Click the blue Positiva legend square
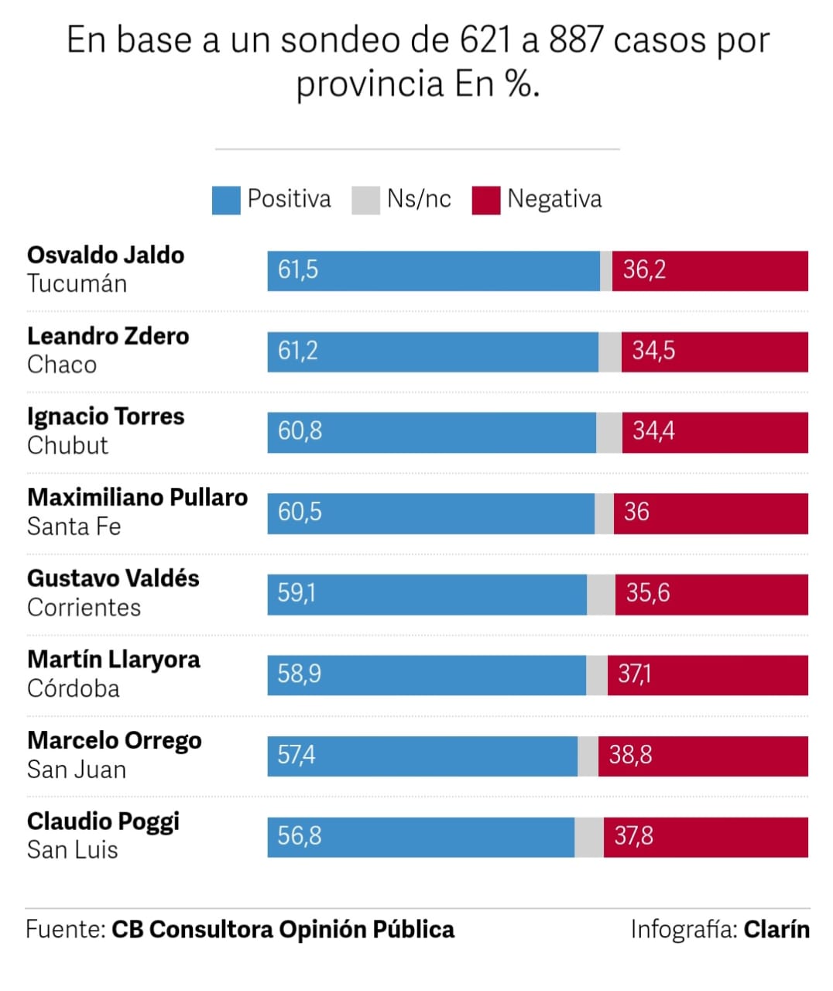click(226, 200)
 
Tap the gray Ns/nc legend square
click(365, 200)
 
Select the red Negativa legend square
click(486, 200)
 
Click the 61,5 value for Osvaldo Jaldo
click(298, 270)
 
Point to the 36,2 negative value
click(644, 270)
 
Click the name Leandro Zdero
click(108, 336)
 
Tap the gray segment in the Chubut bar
click(609, 432)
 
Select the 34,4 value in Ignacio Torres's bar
click(653, 431)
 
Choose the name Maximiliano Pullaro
click(137, 497)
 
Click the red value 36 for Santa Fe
click(636, 512)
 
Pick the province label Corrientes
click(84, 608)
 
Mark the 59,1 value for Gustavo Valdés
click(297, 594)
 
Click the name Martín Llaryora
click(113, 660)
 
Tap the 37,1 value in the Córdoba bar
click(634, 674)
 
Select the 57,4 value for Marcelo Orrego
click(297, 755)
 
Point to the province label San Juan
click(76, 770)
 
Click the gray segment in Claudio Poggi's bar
click(589, 837)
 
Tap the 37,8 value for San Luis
click(633, 836)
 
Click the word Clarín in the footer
click(776, 929)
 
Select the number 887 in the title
click(576, 40)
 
